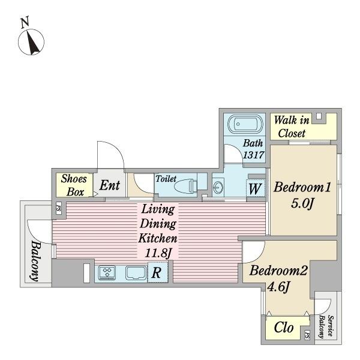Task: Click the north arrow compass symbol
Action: [31, 42]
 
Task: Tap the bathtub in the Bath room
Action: [245, 124]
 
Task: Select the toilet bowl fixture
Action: [185, 185]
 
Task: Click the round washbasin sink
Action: [218, 187]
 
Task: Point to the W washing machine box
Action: [255, 189]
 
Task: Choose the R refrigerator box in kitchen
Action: [157, 273]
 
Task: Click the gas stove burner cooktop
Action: [107, 272]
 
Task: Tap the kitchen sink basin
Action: [136, 273]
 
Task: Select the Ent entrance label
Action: [110, 185]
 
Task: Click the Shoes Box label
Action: [74, 185]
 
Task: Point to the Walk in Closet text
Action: [292, 127]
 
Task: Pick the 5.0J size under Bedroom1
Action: [302, 203]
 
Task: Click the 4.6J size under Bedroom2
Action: [278, 287]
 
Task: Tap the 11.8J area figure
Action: [158, 253]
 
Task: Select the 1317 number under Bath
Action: [253, 155]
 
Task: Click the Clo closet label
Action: [284, 327]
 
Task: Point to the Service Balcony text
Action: [326, 326]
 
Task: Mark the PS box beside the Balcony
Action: [59, 208]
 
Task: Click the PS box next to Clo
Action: [307, 335]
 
